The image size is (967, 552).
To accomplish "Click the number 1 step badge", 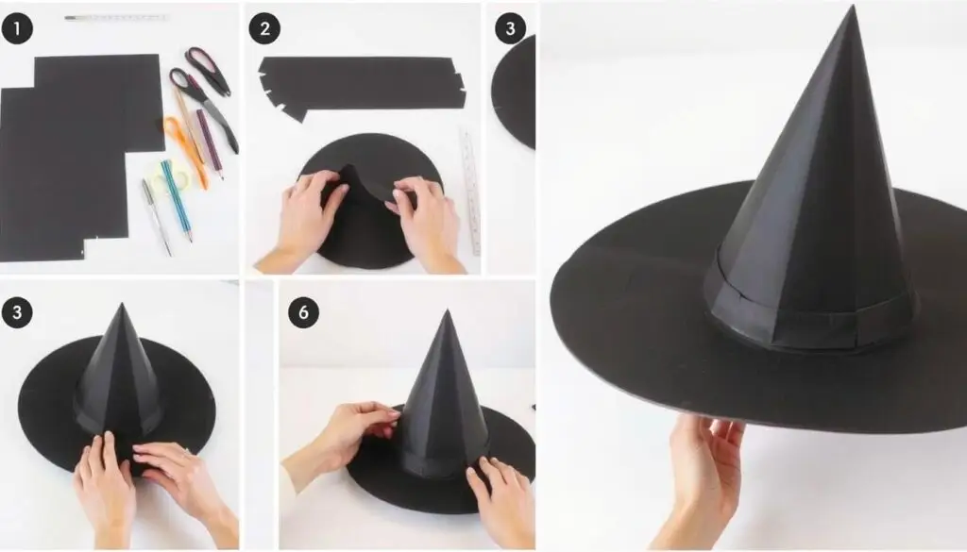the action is point(17,28).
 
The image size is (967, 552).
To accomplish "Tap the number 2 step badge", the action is point(264,28).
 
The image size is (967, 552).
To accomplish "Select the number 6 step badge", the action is point(303,311).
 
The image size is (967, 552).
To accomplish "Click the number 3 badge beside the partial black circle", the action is point(510,28).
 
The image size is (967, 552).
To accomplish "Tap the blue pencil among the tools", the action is point(177,200).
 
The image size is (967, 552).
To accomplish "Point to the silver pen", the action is point(156,216).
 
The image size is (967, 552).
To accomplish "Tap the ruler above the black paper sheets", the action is point(115,18).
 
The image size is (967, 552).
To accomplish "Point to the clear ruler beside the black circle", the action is point(470,191).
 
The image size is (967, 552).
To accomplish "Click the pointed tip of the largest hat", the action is point(854,8).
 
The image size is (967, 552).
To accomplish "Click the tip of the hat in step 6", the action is point(446,312).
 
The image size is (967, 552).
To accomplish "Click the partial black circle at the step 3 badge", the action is point(515,92).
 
